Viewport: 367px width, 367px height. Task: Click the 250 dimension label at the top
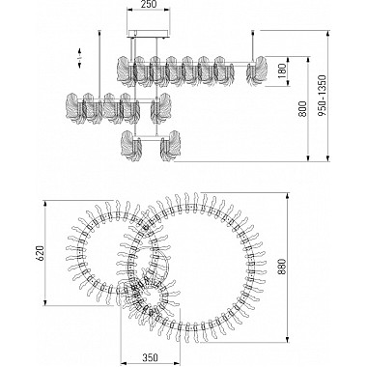(149, 4)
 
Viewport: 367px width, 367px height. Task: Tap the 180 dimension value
(282, 71)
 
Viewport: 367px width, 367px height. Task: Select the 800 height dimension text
(302, 109)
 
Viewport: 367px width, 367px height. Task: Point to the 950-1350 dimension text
(322, 96)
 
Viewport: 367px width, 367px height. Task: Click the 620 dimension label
(39, 253)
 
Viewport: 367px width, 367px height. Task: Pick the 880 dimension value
(282, 267)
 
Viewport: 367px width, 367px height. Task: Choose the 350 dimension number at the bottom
(150, 357)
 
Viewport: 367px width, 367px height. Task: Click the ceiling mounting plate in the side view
(148, 34)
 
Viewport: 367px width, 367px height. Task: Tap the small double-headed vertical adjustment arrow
(80, 58)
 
